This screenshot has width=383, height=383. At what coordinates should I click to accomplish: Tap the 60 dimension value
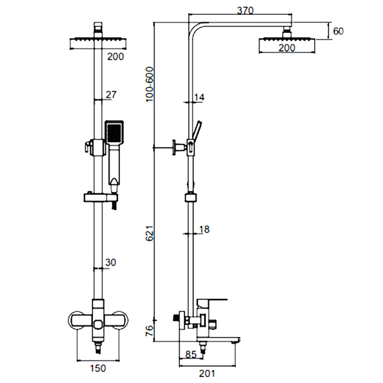[x=338, y=31]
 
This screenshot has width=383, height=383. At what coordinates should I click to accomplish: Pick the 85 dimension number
[x=191, y=355]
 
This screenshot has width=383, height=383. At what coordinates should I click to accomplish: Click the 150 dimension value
[x=98, y=368]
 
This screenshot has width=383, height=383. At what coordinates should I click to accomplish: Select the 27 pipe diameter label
[x=111, y=95]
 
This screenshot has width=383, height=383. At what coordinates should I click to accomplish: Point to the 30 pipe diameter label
[x=111, y=262]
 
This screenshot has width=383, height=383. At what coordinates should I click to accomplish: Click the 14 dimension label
[x=199, y=97]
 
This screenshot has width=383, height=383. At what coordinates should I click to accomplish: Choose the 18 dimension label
[x=203, y=229]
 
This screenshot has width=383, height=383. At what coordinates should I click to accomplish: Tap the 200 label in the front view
[x=115, y=56]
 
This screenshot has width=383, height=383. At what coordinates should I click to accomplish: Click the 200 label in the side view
[x=287, y=48]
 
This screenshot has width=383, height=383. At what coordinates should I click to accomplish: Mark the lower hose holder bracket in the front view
[x=100, y=197]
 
